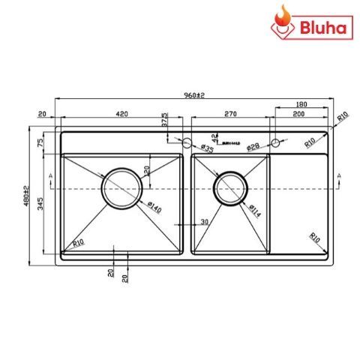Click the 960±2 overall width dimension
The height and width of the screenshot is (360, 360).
coord(193,96)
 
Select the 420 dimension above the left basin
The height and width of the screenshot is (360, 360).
coord(121,114)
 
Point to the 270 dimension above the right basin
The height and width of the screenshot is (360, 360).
coord(230,114)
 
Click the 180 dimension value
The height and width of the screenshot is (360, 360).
coord(301,105)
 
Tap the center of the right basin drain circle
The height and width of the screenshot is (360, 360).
coord(229,187)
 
